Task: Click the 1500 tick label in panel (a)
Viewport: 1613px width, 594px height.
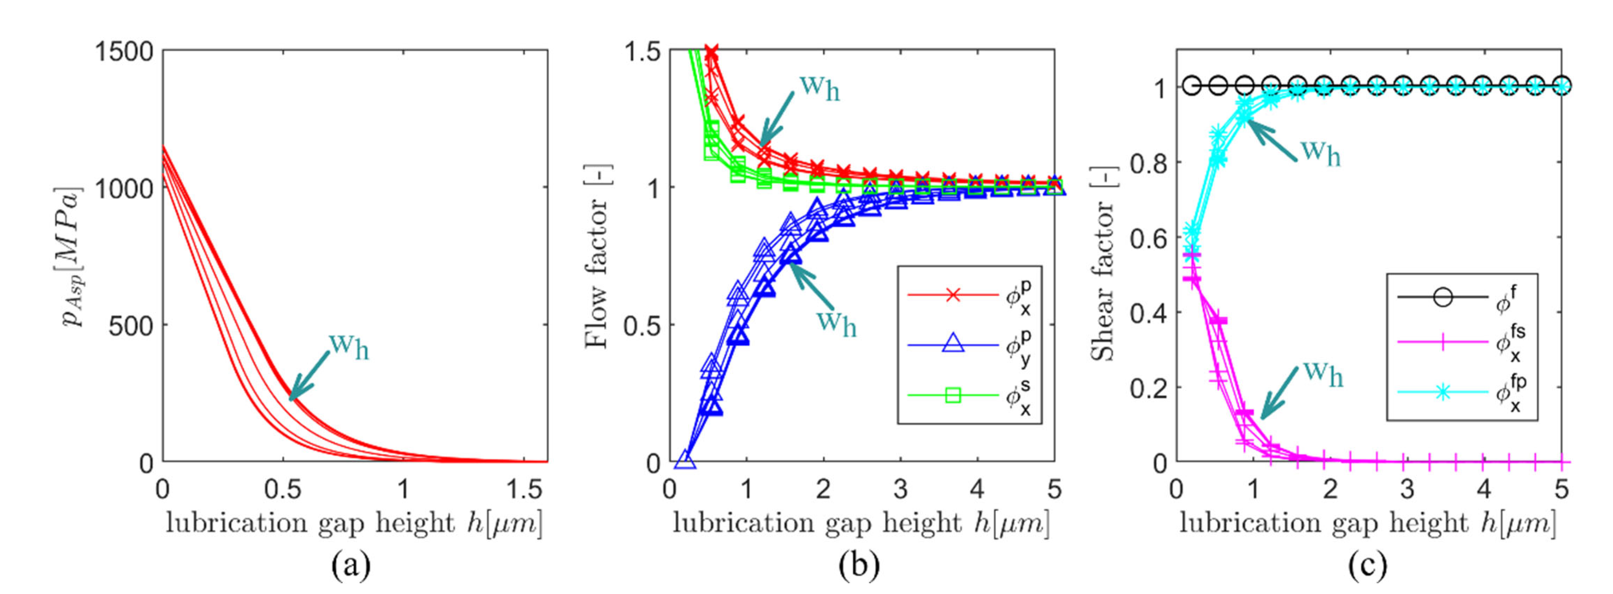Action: [x=123, y=51]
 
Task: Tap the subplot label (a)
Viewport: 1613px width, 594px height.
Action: [x=351, y=566]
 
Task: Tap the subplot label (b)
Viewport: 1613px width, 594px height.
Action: [x=859, y=566]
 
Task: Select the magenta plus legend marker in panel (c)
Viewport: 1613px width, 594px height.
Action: [x=1443, y=343]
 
